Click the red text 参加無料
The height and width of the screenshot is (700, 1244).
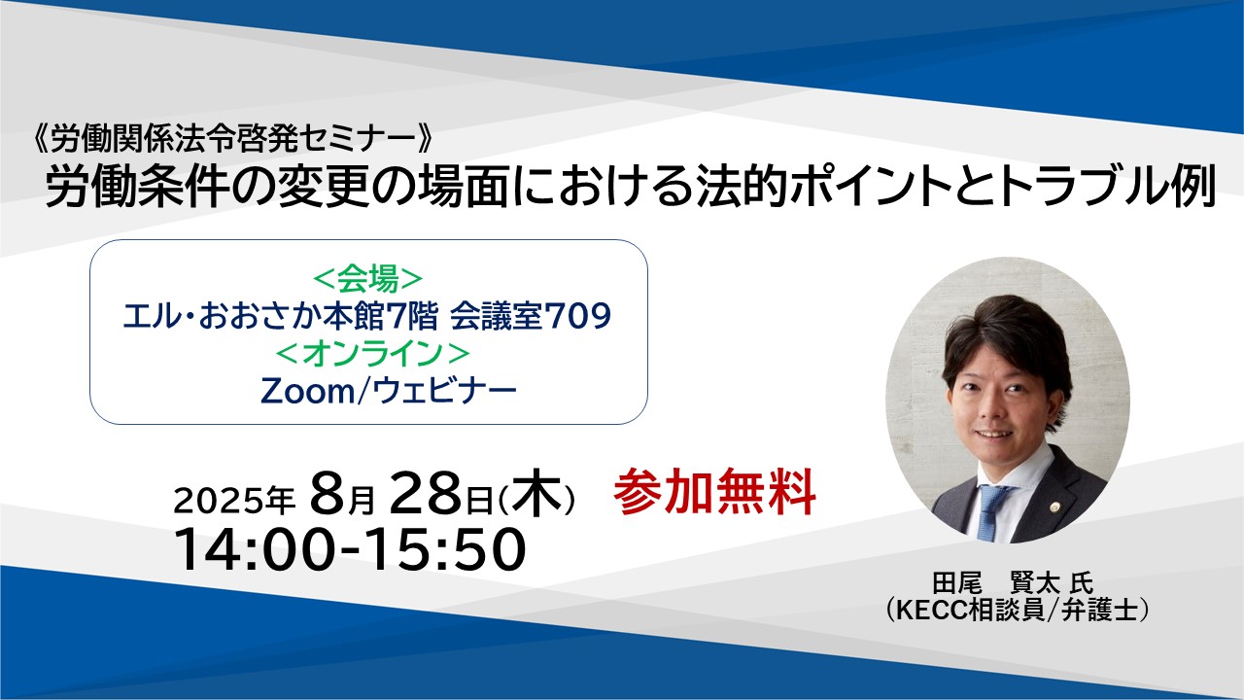pyautogui.click(x=714, y=492)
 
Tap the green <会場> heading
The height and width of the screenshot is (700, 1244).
pyautogui.click(x=368, y=279)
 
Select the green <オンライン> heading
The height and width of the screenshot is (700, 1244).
pyautogui.click(x=372, y=353)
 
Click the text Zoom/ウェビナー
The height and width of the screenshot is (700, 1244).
pyautogui.click(x=389, y=391)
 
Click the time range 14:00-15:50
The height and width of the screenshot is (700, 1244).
pyautogui.click(x=350, y=549)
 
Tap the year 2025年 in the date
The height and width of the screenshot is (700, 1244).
pyautogui.click(x=234, y=501)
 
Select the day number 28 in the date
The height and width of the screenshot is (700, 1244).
pyautogui.click(x=426, y=493)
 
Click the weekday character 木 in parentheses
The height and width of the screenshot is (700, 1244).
pyautogui.click(x=536, y=493)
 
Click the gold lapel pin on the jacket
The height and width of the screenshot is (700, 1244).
pyautogui.click(x=1054, y=507)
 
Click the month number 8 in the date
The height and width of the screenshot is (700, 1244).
pyautogui.click(x=328, y=493)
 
